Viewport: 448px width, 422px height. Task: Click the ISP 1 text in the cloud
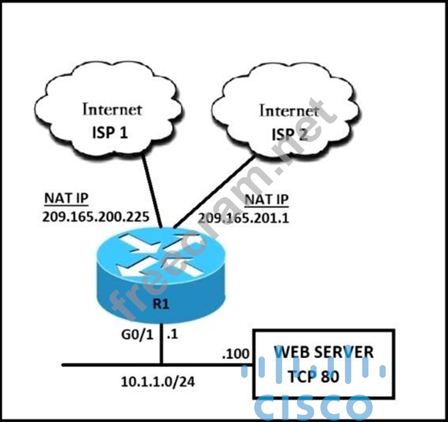pyautogui.click(x=111, y=131)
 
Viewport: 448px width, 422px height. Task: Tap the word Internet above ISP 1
pyautogui.click(x=112, y=108)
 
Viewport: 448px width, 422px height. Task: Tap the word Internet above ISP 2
pyautogui.click(x=289, y=111)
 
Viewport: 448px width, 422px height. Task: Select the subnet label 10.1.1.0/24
pyautogui.click(x=159, y=382)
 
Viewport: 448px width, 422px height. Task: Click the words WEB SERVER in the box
pyautogui.click(x=324, y=352)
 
